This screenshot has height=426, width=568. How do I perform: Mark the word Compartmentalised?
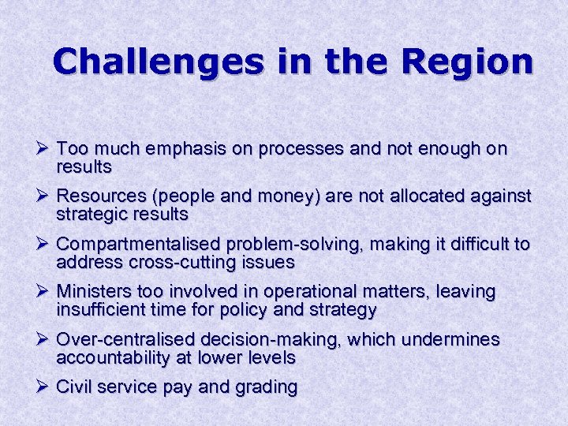[139, 245]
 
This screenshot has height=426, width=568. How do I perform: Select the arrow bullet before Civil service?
[43, 387]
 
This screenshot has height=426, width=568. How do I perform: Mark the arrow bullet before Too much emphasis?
[43, 148]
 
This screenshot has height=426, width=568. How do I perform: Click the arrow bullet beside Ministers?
[43, 291]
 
